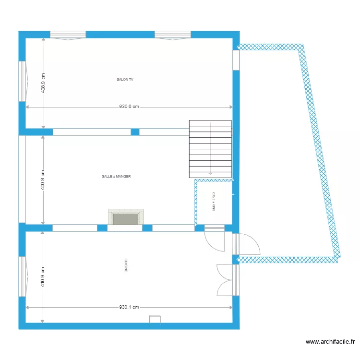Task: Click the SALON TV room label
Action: click(x=125, y=80)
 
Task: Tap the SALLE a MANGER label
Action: click(x=116, y=177)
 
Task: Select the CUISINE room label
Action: click(x=126, y=265)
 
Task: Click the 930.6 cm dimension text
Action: click(x=129, y=107)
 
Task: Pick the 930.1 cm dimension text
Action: click(x=129, y=307)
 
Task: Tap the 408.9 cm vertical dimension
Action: click(x=43, y=83)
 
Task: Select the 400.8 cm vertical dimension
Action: click(x=43, y=180)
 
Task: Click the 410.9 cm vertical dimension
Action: click(x=43, y=277)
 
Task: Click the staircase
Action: click(x=210, y=149)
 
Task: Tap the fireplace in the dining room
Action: click(x=126, y=217)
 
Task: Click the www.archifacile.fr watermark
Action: click(x=330, y=342)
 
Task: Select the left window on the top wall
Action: click(x=68, y=35)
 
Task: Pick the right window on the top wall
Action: click(x=173, y=35)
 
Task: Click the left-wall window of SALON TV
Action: click(x=22, y=81)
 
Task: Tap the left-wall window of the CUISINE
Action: click(x=22, y=276)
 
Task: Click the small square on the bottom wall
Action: click(x=155, y=320)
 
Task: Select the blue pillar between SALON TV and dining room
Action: click(x=135, y=132)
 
